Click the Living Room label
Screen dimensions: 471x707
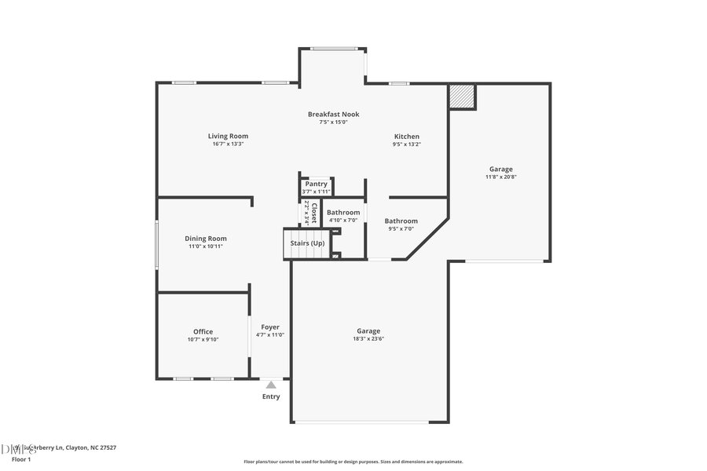tap(228, 136)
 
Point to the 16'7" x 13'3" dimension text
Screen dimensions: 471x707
tap(228, 144)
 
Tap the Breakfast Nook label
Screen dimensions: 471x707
tap(333, 114)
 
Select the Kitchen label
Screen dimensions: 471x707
tap(406, 137)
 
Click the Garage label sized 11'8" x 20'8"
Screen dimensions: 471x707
tap(500, 169)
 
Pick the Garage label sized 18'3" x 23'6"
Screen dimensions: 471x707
tap(368, 331)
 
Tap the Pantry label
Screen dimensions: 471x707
tap(317, 184)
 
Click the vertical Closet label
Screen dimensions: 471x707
tap(313, 214)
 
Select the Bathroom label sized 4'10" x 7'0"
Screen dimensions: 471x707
tap(343, 212)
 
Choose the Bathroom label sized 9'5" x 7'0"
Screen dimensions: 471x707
tap(401, 221)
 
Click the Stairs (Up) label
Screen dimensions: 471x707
tap(306, 243)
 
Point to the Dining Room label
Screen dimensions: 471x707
tap(206, 239)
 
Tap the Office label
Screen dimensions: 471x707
tap(203, 331)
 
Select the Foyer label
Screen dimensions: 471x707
tap(269, 327)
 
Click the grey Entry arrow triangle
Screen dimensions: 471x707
tap(270, 385)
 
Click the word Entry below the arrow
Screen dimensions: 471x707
tap(270, 396)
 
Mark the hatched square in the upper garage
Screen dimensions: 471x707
tap(462, 97)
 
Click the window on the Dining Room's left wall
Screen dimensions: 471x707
tap(156, 245)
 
